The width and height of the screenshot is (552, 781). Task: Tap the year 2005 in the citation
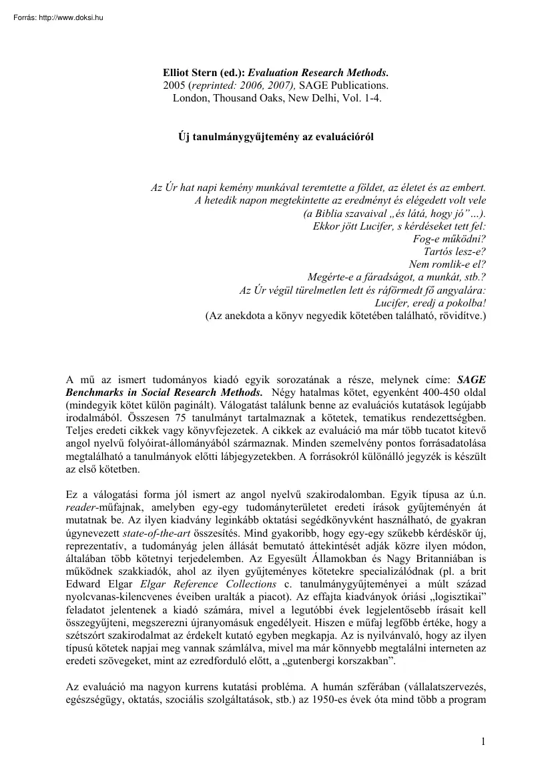point(175,85)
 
